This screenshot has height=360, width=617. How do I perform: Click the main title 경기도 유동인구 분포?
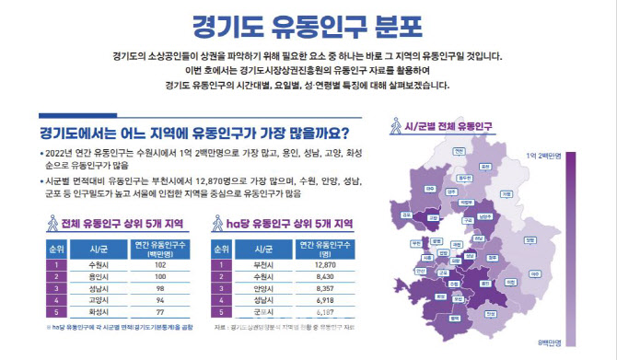(x=308, y=23)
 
